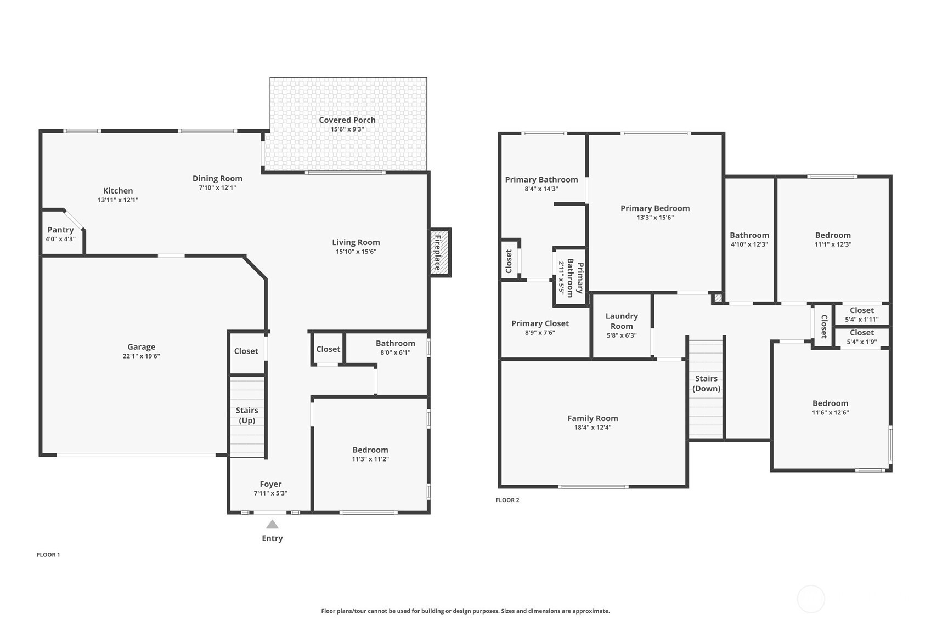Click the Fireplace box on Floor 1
pos(440,253)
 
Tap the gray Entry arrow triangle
pos(272,525)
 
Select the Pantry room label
pos(61,230)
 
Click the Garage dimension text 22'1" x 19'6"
pos(142,356)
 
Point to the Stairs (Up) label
pos(247,416)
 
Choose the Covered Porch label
pos(347,120)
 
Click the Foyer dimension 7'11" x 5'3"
pos(270,493)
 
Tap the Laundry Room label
pos(622,321)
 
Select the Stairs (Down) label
pos(706,383)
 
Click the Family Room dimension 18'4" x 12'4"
pos(593,428)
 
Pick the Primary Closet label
pos(540,323)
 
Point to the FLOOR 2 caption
pos(507,500)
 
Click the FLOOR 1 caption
pos(48,554)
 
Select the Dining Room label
pos(217,179)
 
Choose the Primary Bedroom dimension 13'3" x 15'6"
pos(655,217)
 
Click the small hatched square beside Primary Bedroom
pos(718,298)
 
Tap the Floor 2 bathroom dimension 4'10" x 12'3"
pos(749,244)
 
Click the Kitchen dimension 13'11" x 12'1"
pos(118,200)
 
